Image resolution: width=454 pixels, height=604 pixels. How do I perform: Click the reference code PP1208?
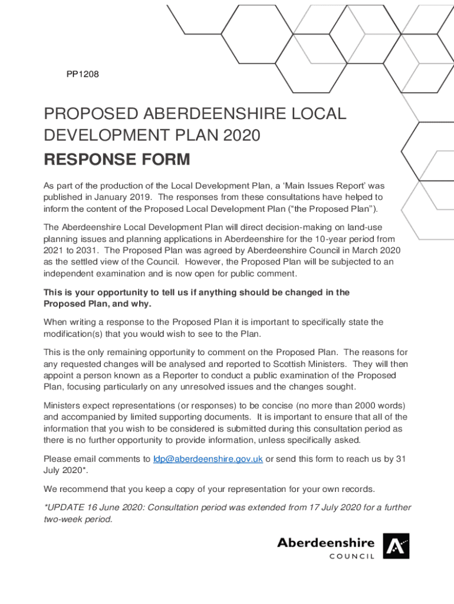[82, 75]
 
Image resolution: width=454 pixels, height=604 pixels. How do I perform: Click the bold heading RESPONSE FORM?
[117, 159]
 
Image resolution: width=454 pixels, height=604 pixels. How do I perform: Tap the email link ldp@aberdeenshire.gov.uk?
[208, 459]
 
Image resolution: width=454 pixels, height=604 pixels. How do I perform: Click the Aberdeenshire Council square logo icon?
[396, 546]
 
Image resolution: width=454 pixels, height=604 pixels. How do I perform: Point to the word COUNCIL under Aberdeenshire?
[351, 556]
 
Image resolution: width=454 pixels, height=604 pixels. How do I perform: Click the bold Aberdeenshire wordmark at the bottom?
[325, 542]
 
